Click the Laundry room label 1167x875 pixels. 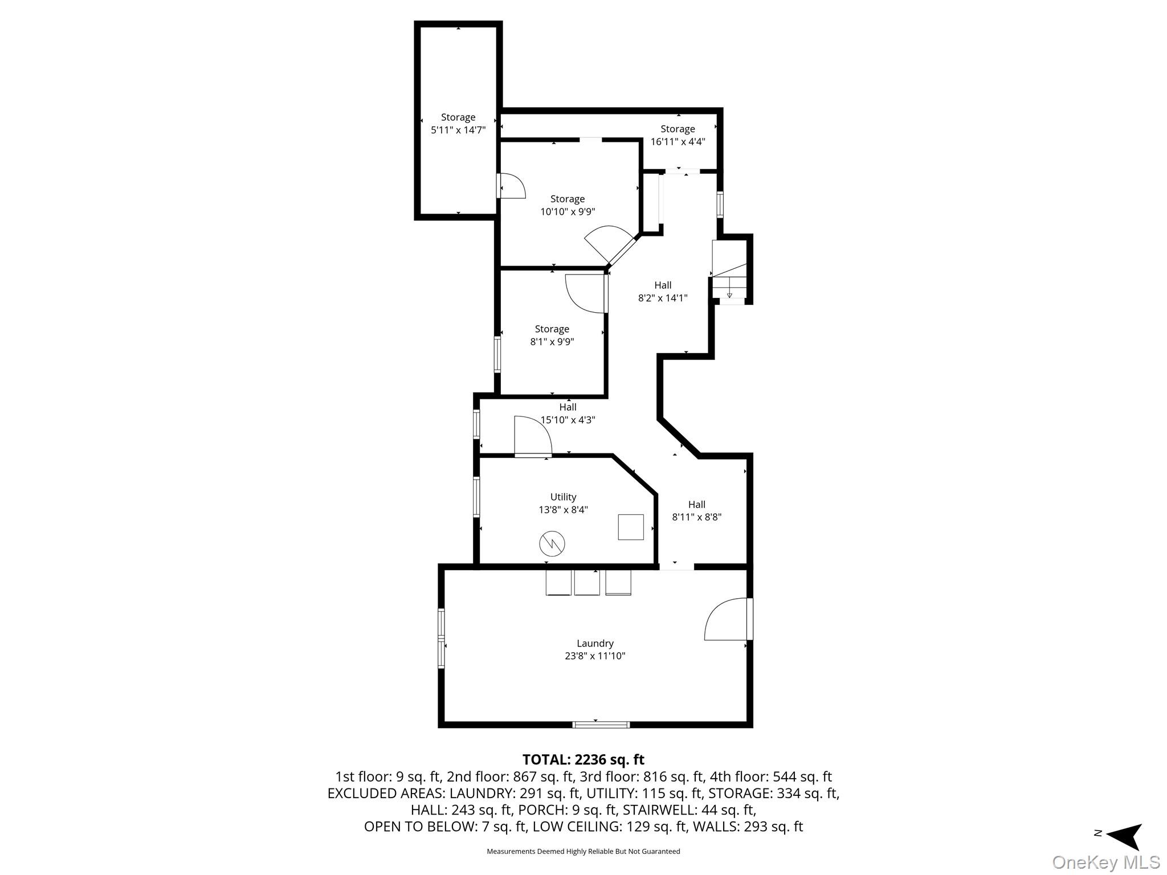595,644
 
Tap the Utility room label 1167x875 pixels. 563,497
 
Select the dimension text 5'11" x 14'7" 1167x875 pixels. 458,130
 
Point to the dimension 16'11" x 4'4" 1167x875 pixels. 678,141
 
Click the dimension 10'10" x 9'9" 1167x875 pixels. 568,211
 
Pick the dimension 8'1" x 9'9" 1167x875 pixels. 552,342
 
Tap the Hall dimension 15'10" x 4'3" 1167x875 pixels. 568,420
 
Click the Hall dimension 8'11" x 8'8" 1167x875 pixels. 696,517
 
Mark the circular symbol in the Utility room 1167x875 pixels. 552,544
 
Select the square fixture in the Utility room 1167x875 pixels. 631,527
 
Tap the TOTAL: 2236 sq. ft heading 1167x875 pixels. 583,759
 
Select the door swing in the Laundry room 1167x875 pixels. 727,619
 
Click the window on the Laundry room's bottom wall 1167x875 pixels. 601,725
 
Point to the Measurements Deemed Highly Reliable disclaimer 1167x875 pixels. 583,852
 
